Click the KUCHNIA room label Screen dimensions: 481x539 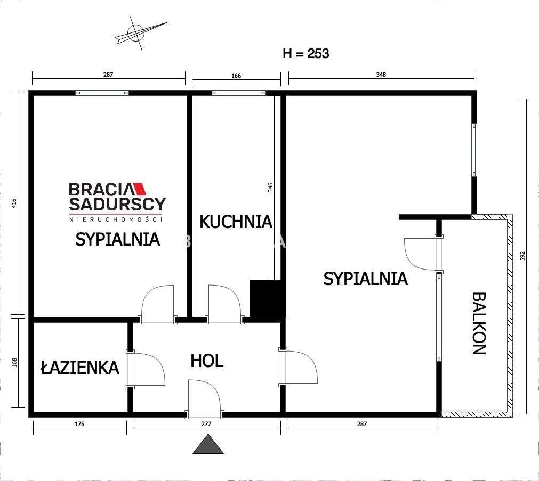236,222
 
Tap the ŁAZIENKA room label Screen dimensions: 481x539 80,367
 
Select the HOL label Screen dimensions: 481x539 207,361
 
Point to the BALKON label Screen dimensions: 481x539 479,323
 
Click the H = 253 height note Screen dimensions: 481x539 305,53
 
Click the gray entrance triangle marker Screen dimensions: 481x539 208,444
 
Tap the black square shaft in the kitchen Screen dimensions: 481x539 267,298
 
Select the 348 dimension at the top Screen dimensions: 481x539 381,75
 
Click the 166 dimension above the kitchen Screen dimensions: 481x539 236,76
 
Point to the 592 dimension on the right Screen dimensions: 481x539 523,256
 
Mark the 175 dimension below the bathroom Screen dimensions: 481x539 79,425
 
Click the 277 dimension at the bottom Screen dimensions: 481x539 207,425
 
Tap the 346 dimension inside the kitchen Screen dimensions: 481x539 270,187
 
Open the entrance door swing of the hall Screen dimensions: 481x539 205,397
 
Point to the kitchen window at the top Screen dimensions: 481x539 238,93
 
